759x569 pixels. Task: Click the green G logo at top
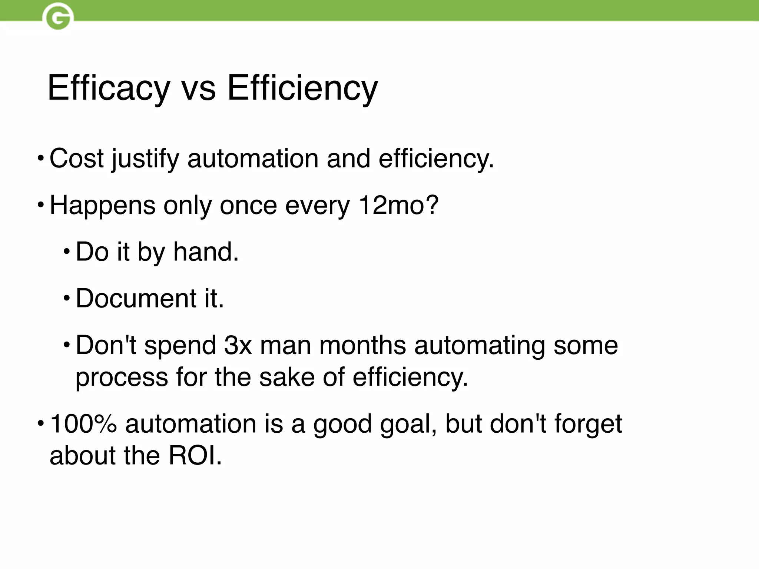click(58, 17)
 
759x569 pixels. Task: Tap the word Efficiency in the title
click(302, 88)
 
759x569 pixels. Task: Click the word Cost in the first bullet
click(76, 159)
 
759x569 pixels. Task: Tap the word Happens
click(102, 206)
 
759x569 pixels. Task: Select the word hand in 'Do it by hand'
click(206, 252)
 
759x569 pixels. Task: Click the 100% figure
click(83, 424)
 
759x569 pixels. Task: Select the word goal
click(408, 425)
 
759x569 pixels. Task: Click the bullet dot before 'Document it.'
click(66, 298)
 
